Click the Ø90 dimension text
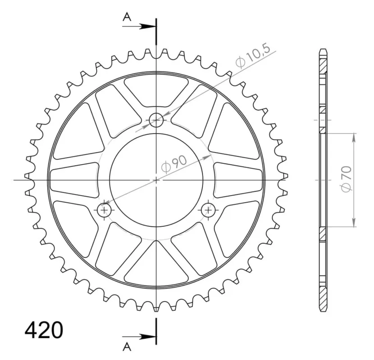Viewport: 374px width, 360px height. tap(174, 164)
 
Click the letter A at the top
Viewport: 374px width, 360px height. tap(127, 17)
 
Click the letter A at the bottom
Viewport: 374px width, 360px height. tap(127, 347)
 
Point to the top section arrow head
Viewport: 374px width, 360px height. tap(147, 27)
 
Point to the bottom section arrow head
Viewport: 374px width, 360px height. tap(147, 337)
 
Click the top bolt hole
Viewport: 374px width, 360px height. tap(156, 120)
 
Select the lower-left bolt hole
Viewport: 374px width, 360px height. tap(104, 210)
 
